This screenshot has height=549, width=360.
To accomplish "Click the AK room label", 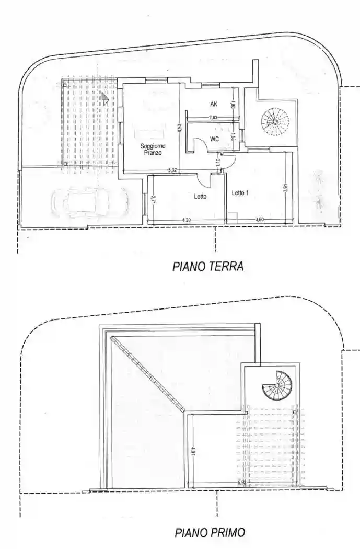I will (213, 104).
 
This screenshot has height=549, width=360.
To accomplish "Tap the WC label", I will (214, 139).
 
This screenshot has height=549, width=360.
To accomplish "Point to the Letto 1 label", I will (240, 193).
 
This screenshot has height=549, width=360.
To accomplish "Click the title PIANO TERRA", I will (207, 267).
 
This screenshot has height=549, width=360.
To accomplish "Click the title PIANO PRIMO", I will (210, 533).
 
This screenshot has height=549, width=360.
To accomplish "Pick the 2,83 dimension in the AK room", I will (213, 118).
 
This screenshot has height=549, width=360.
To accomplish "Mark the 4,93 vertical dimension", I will (179, 127).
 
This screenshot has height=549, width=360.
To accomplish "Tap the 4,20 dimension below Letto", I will (187, 220).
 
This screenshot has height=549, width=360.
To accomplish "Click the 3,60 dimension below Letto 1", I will (259, 220).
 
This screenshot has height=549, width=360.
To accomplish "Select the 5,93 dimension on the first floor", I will (241, 482).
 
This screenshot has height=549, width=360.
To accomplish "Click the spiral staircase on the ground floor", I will (275, 121).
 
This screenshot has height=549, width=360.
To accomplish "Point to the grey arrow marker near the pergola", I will (105, 98).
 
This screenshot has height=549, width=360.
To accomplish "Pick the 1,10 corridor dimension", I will (219, 163).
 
